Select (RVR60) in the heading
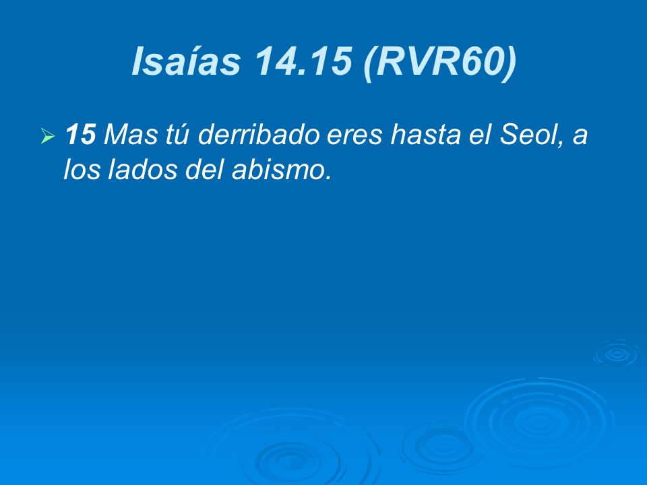click(439, 61)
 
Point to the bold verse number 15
click(80, 135)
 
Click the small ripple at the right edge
click(616, 352)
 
